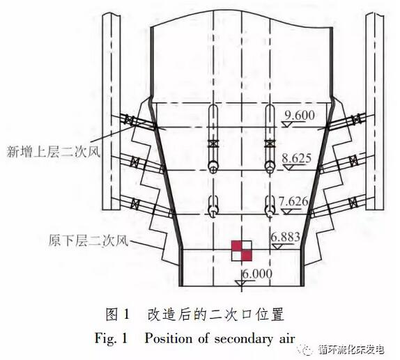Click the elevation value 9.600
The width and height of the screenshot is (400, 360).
click(x=300, y=115)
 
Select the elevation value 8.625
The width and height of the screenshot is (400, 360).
click(x=296, y=158)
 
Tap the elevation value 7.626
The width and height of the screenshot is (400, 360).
click(x=293, y=202)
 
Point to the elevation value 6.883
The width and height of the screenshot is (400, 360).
click(x=285, y=237)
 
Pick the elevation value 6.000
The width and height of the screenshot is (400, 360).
click(x=257, y=274)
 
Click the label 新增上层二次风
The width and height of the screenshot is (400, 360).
click(x=54, y=152)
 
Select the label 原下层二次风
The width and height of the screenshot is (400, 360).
click(x=89, y=240)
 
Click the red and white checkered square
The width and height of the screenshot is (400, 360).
click(x=242, y=251)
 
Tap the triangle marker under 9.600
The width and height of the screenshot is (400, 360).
click(x=288, y=125)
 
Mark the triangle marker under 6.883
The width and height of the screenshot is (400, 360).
click(x=277, y=246)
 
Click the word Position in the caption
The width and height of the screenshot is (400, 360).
click(x=169, y=339)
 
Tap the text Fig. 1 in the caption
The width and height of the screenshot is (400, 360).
click(x=111, y=339)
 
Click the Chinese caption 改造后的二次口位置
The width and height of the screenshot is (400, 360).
click(x=215, y=315)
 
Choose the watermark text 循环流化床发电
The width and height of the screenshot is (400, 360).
click(x=351, y=350)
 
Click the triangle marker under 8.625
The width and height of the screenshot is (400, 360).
click(x=289, y=167)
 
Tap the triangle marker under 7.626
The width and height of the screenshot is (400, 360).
click(x=288, y=212)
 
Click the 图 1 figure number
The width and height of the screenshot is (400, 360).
click(x=118, y=315)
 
